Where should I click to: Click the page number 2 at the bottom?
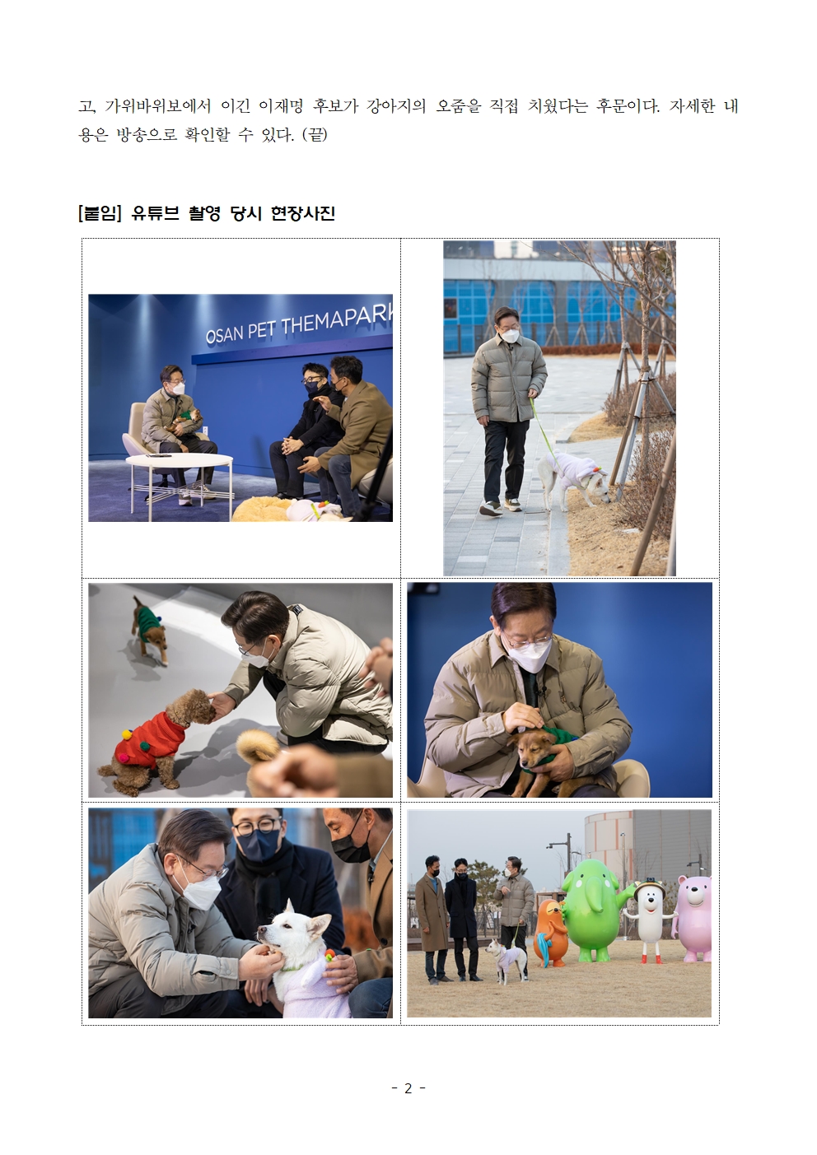408,1088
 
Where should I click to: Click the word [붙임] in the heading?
100,213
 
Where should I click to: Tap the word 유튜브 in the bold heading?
155,213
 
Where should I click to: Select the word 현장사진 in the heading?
303,213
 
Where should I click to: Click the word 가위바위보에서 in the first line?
159,106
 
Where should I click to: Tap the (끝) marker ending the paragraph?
315,135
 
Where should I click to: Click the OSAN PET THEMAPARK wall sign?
299,325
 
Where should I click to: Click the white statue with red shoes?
649,921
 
